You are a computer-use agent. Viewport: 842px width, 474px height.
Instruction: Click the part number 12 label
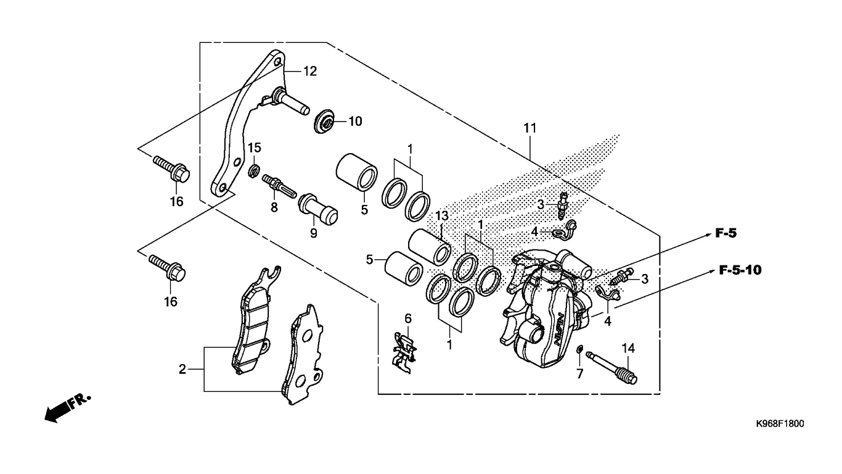(309, 72)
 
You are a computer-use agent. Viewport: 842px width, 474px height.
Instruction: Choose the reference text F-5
(726, 233)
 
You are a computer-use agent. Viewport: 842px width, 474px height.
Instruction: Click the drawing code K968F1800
(780, 425)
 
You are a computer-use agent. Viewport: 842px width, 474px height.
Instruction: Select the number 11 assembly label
(530, 128)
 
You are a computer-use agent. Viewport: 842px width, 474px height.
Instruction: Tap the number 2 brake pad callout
(182, 370)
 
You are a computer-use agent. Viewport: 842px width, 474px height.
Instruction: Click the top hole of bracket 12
(278, 62)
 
